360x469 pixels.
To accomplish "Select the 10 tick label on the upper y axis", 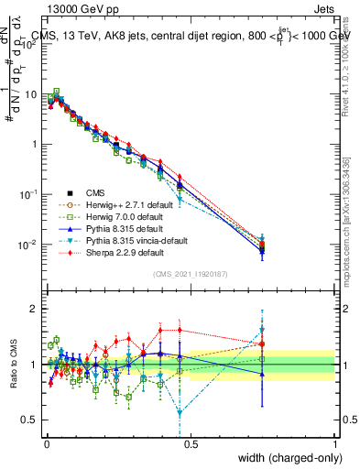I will click(x=32, y=94).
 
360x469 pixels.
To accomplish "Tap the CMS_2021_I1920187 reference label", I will click(x=191, y=274).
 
